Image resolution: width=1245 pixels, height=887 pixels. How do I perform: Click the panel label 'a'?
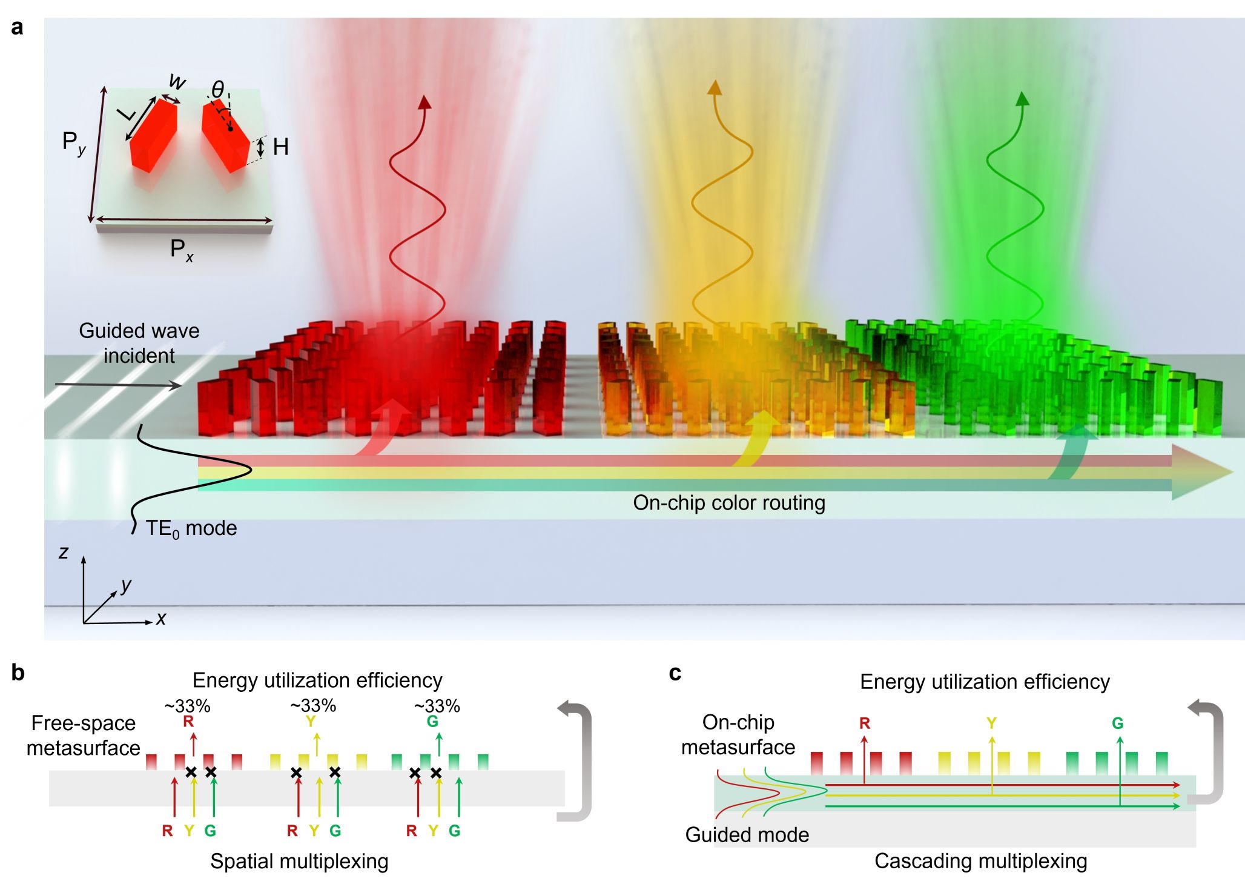click(17, 28)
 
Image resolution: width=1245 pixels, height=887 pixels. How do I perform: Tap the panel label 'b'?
click(18, 673)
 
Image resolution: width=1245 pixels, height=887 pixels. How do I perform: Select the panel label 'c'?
click(675, 673)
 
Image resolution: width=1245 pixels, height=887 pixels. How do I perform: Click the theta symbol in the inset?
click(217, 90)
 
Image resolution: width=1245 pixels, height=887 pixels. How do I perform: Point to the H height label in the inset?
click(280, 147)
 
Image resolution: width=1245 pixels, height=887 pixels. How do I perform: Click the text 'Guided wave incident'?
click(139, 343)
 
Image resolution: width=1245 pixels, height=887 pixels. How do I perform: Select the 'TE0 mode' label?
click(191, 529)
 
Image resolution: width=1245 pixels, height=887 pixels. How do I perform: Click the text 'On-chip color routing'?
click(729, 503)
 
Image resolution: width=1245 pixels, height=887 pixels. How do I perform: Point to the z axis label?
click(64, 552)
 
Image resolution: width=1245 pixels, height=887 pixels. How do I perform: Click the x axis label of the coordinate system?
click(161, 619)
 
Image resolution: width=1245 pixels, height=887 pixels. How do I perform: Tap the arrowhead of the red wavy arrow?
click(425, 102)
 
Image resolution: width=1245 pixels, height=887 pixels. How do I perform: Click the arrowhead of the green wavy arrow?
click(1022, 98)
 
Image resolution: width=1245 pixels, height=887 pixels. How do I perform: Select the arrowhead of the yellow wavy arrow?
click(715, 87)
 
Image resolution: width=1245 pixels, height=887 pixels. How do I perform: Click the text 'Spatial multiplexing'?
click(299, 861)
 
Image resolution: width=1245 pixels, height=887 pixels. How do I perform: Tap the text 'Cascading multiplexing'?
click(980, 861)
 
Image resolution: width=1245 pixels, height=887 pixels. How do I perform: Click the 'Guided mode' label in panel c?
click(747, 835)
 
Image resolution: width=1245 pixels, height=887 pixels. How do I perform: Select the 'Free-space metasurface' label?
click(84, 736)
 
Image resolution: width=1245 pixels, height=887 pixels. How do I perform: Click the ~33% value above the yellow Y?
click(313, 706)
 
